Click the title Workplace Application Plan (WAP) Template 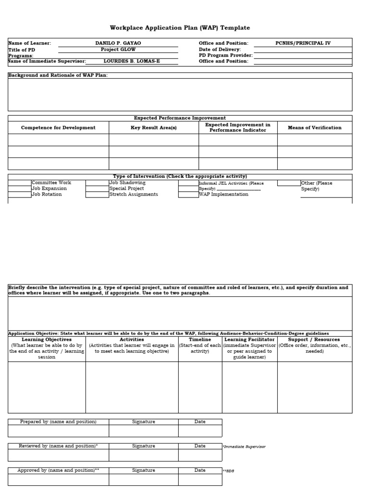point(180,28)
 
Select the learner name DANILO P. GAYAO point(118,43)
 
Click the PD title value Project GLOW point(118,49)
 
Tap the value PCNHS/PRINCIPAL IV point(303,43)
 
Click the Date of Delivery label point(220,49)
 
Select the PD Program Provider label point(225,56)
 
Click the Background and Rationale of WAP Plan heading point(58,75)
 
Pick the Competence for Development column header point(58,128)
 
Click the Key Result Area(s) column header point(154,128)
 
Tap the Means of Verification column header point(314,128)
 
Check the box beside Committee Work point(20,183)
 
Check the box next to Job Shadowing point(97,183)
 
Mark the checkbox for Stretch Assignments point(97,195)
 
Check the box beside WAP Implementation point(188,195)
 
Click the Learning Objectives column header point(47,340)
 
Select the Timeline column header point(200,340)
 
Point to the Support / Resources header point(314,340)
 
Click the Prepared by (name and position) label point(58,422)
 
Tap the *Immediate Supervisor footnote point(244,447)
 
